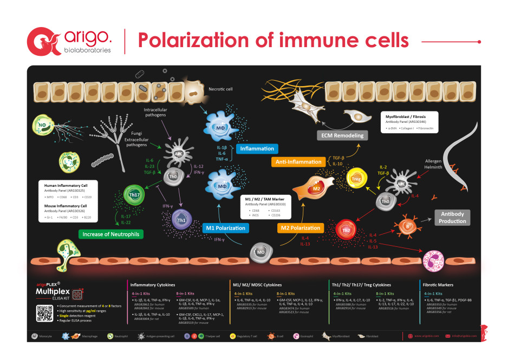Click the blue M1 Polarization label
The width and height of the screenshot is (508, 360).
pos(226,228)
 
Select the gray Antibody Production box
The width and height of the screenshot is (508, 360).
pos(452,217)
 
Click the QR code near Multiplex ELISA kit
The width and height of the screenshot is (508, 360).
pos(44,313)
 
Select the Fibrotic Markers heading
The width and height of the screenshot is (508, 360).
pos(438,284)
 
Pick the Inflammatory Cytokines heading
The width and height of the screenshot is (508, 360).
pos(152,284)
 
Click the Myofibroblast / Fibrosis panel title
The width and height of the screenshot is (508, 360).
pos(411,116)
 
